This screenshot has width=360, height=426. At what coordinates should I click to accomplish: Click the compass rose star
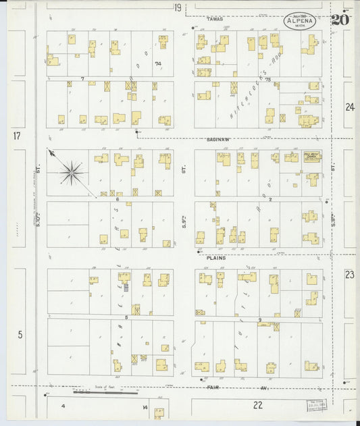click(x=72, y=172)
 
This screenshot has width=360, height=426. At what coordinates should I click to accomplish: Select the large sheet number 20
click(x=340, y=19)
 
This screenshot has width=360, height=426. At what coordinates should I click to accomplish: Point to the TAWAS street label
click(x=215, y=19)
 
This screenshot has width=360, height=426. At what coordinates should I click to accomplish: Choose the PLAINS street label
click(x=215, y=257)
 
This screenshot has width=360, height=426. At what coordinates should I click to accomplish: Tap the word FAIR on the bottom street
click(x=213, y=388)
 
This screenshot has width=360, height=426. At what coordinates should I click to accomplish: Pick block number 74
click(x=159, y=65)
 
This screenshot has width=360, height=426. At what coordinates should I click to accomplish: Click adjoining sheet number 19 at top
click(x=177, y=8)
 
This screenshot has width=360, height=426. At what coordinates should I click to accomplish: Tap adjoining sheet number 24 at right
click(x=349, y=107)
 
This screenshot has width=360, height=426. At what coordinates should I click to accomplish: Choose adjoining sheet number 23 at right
click(x=349, y=274)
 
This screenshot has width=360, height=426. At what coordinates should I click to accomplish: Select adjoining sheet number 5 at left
click(x=20, y=334)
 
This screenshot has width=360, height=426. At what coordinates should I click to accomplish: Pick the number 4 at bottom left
click(x=63, y=406)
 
